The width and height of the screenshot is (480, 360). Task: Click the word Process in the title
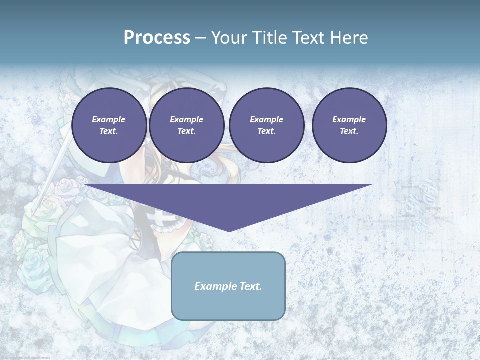(157, 38)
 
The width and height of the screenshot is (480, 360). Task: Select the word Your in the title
(230, 38)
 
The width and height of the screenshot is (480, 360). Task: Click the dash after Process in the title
(201, 38)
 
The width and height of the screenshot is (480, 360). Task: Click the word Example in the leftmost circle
(109, 119)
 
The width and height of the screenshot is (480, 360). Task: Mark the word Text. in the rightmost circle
(349, 131)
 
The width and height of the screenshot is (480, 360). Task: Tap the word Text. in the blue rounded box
(251, 286)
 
